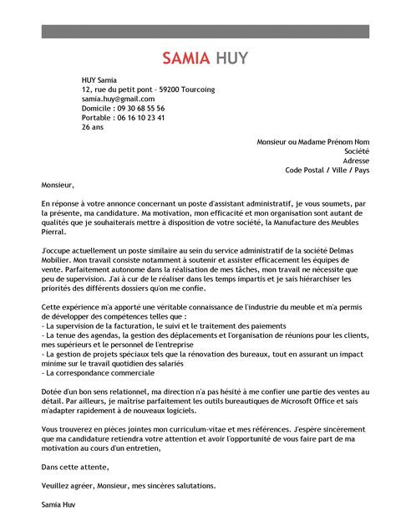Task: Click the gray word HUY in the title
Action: (231, 59)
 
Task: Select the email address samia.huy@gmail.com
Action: (118, 99)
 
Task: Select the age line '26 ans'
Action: (93, 128)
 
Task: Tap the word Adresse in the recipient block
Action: (355, 161)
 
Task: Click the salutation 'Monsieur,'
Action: (58, 185)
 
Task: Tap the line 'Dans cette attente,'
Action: (74, 467)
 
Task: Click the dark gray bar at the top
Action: (205, 31)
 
